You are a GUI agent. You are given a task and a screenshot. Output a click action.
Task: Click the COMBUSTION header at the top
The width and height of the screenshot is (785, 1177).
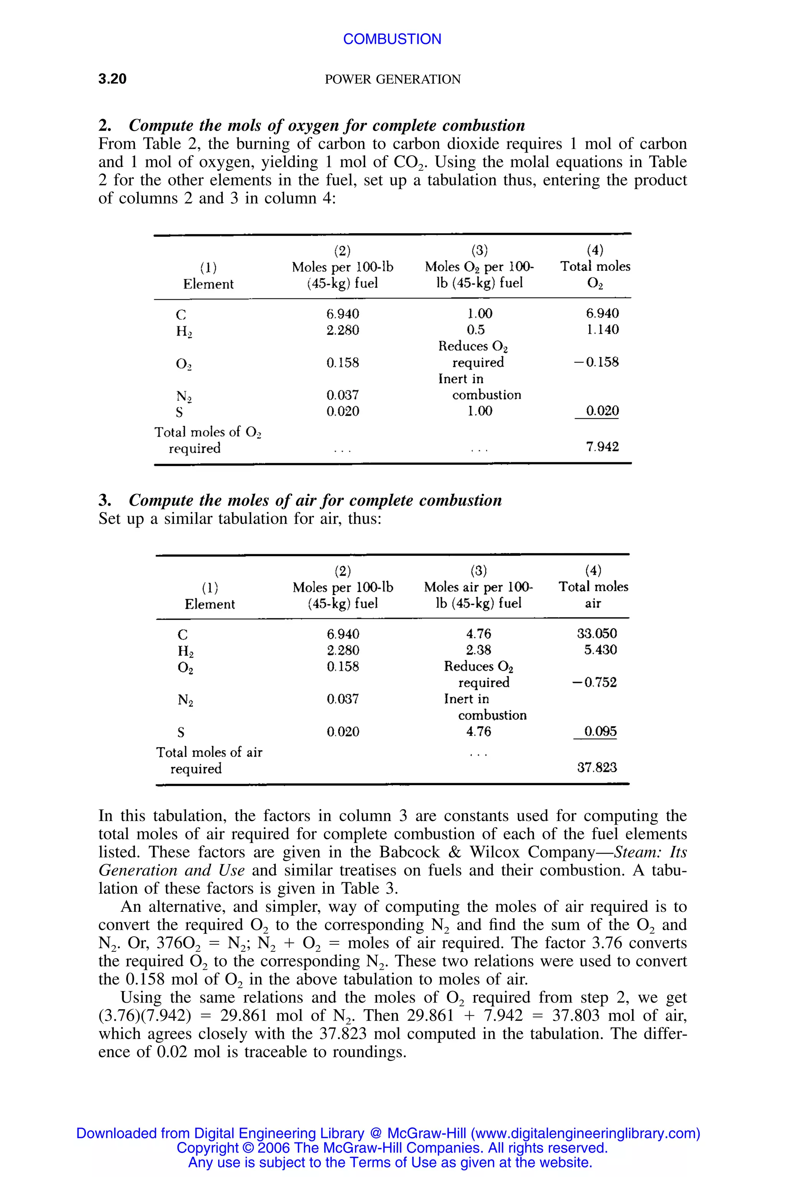click(x=392, y=39)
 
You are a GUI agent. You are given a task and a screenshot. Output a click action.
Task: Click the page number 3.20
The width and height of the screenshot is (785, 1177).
click(x=112, y=79)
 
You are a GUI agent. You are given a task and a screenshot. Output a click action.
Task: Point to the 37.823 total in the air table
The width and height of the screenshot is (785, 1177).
click(x=597, y=767)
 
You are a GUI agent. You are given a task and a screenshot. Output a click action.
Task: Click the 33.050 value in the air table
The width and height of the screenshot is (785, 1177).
click(x=597, y=634)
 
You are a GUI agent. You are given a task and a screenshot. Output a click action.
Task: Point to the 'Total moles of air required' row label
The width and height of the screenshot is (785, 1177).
click(x=209, y=760)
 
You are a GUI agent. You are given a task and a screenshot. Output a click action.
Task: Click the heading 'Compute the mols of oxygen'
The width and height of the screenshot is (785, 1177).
click(x=327, y=125)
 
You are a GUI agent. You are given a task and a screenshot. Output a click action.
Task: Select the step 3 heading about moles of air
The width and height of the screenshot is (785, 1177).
click(x=315, y=500)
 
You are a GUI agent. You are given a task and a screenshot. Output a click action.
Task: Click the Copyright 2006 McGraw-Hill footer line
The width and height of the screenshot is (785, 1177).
click(x=392, y=1147)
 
